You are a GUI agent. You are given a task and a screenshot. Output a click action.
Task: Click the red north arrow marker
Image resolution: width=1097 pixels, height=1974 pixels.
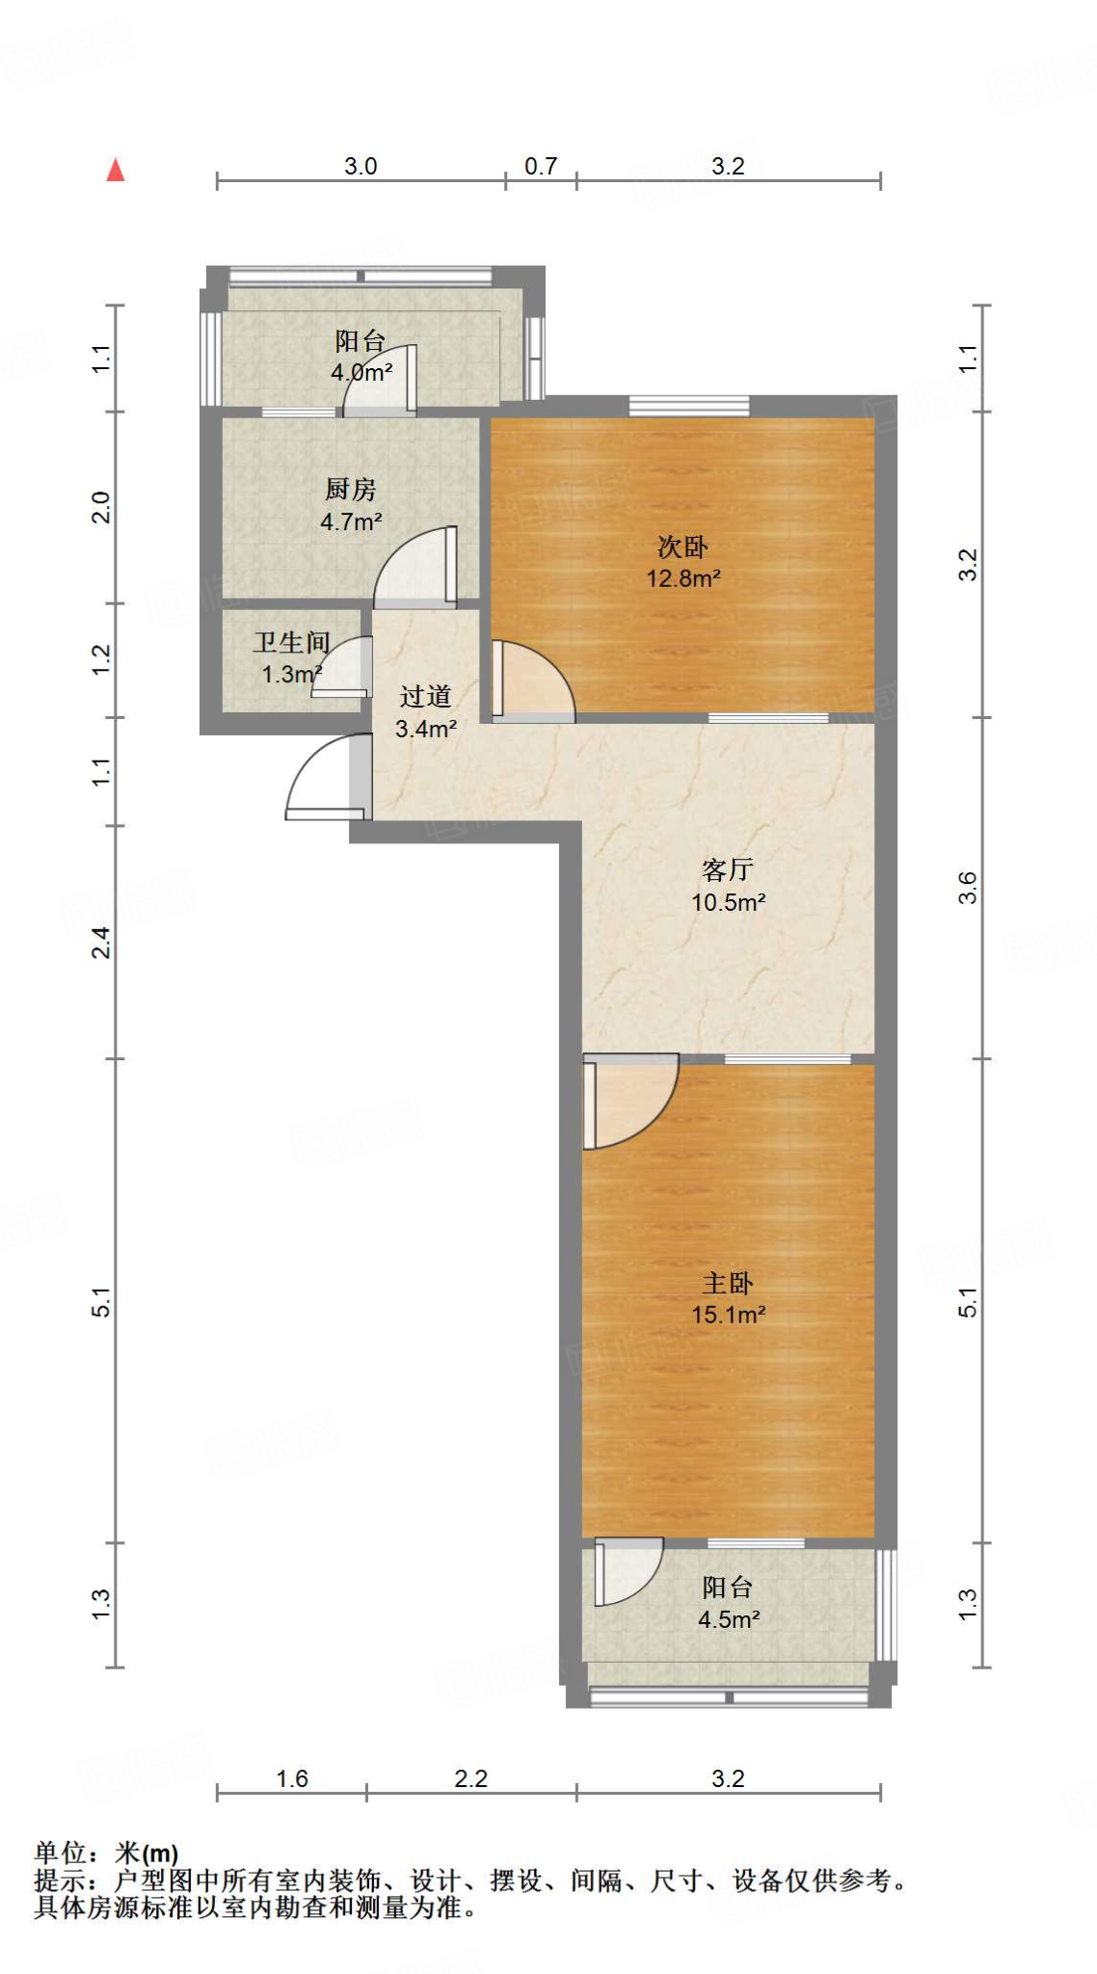pyautogui.click(x=116, y=171)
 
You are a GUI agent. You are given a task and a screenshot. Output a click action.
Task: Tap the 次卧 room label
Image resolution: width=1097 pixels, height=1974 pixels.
pyautogui.click(x=682, y=547)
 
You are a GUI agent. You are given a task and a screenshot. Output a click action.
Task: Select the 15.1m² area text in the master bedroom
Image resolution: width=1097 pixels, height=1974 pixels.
pyautogui.click(x=728, y=1315)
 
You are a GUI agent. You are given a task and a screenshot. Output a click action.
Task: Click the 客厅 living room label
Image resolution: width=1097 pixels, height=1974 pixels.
pyautogui.click(x=728, y=870)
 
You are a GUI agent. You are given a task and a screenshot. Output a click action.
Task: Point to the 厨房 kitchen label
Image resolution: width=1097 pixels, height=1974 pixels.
pyautogui.click(x=350, y=490)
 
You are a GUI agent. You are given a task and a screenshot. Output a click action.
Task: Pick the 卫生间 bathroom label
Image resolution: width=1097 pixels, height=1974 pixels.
pyautogui.click(x=291, y=643)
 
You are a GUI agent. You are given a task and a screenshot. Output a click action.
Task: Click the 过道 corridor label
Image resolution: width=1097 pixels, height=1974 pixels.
pyautogui.click(x=425, y=697)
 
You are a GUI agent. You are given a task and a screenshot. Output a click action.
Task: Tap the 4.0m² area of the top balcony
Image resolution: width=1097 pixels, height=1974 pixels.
pyautogui.click(x=361, y=372)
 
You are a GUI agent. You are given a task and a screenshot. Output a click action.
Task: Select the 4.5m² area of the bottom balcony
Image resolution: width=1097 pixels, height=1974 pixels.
pyautogui.click(x=728, y=1619)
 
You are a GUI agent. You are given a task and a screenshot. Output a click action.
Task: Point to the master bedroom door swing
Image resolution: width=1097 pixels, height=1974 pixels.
pyautogui.click(x=627, y=1099)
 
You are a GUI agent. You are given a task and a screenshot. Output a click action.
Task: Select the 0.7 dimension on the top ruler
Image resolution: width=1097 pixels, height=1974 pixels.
pyautogui.click(x=541, y=167)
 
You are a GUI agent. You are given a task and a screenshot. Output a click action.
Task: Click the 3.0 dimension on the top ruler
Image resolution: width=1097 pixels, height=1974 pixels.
pyautogui.click(x=361, y=167)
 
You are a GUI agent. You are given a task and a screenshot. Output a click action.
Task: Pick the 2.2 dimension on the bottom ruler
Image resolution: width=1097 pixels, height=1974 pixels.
pyautogui.click(x=471, y=1778)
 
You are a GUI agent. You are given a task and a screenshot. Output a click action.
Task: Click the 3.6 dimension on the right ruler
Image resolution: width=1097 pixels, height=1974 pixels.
pyautogui.click(x=968, y=888)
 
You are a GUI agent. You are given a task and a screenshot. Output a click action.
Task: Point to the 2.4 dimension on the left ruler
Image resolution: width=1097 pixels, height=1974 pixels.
pyautogui.click(x=101, y=942)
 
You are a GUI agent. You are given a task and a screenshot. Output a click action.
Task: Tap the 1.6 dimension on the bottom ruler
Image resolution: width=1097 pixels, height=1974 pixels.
pyautogui.click(x=291, y=1778)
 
